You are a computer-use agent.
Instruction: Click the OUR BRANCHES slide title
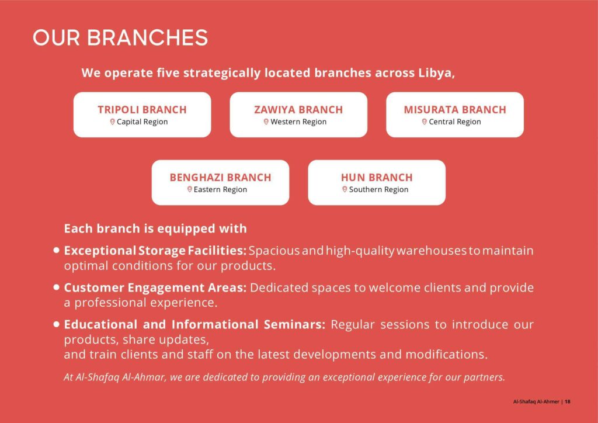pos(120,37)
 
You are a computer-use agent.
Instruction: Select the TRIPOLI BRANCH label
pos(142,109)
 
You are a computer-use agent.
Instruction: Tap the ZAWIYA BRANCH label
pos(298,109)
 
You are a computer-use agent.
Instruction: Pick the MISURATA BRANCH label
pos(455,109)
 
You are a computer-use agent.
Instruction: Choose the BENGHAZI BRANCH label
pos(220,177)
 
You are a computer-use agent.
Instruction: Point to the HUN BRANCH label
pos(377,177)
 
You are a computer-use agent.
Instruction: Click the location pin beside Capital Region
pos(113,122)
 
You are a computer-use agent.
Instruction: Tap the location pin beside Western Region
pos(266,122)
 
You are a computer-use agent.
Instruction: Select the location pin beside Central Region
pos(425,122)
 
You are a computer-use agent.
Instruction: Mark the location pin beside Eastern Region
pos(189,189)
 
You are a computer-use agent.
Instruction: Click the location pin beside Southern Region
pos(345,189)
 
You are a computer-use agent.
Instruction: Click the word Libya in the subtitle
pos(434,73)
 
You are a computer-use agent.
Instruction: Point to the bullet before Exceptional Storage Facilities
pos(57,250)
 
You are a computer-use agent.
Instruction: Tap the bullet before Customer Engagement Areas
pos(57,287)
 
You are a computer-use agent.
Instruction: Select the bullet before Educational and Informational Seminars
pos(57,324)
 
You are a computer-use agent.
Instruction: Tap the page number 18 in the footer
pos(568,401)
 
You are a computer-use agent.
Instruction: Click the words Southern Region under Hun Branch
pos(378,189)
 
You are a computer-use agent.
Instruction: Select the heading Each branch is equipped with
pos(155,228)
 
